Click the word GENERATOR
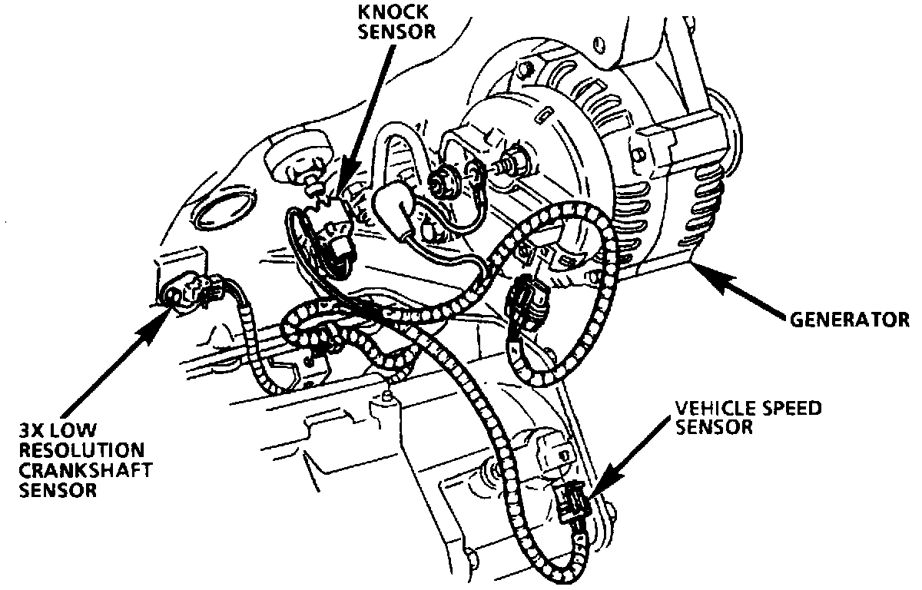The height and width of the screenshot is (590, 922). click(849, 318)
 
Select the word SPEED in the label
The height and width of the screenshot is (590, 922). click(787, 409)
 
